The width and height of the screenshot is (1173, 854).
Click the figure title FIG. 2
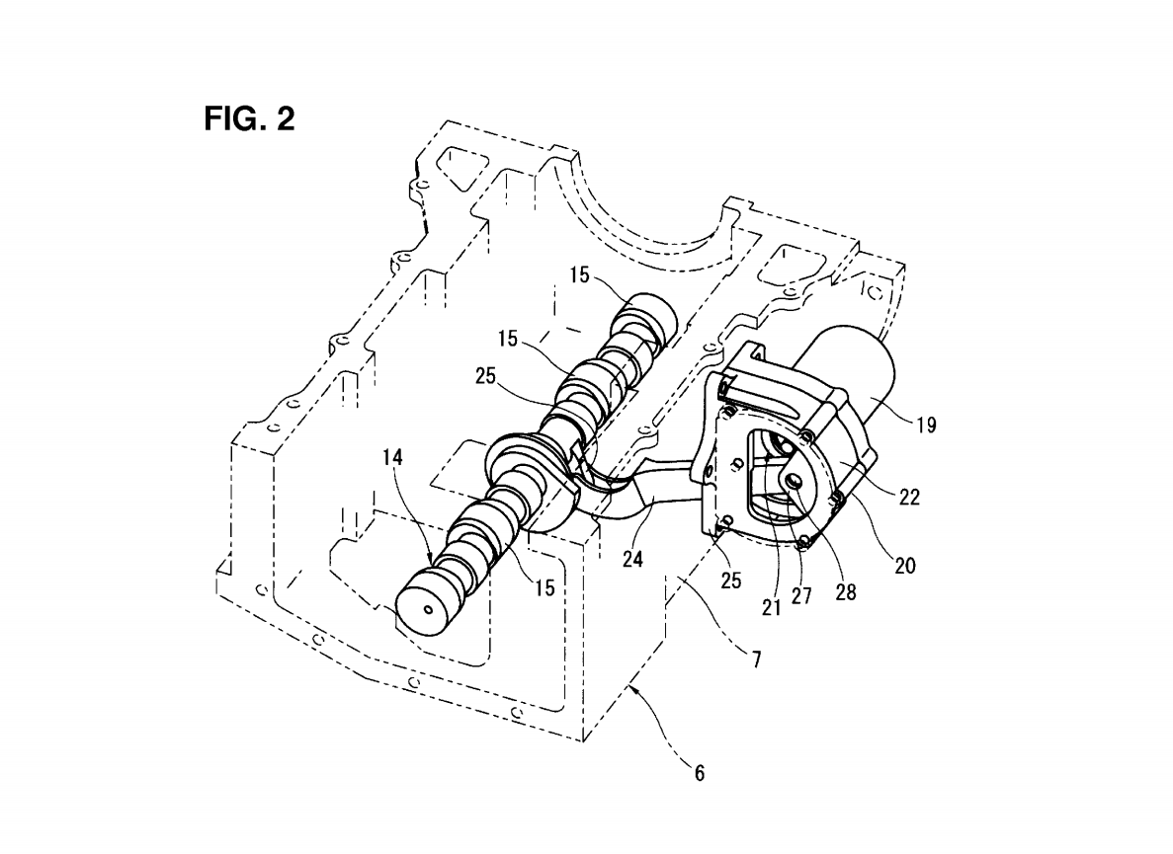250,118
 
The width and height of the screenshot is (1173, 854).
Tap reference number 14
392,456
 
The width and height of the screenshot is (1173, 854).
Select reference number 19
926,426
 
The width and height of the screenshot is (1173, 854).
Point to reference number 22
909,497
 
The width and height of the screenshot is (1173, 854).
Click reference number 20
905,566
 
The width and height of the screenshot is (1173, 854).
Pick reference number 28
845,592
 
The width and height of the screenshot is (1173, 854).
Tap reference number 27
801,595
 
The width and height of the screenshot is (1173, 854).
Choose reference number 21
771,608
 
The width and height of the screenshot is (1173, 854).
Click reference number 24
632,558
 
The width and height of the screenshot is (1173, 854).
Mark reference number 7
756,659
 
